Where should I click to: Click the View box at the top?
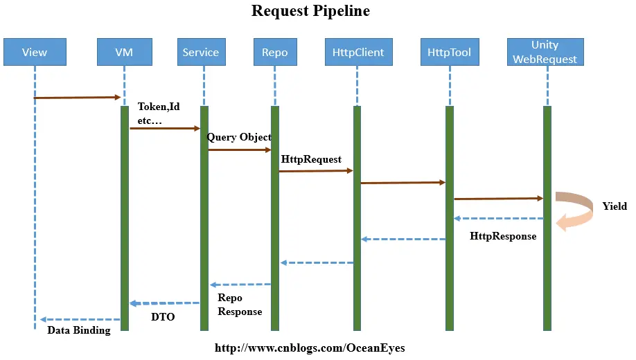click(35, 52)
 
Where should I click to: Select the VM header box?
click(124, 52)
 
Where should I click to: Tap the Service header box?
click(201, 52)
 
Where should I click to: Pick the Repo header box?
click(275, 52)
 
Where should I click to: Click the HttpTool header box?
click(449, 52)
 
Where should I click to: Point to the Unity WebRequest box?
click(545, 52)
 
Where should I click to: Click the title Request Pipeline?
click(310, 11)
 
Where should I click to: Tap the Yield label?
click(615, 206)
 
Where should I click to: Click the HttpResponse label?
click(503, 236)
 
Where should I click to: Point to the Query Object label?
click(239, 137)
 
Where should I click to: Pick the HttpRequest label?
click(311, 159)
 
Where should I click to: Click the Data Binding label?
click(78, 330)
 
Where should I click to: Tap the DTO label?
click(163, 317)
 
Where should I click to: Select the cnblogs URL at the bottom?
click(310, 348)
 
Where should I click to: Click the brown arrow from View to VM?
click(78, 98)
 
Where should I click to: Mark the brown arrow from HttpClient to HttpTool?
click(403, 183)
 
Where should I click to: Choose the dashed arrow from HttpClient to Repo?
click(317, 262)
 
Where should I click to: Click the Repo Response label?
click(240, 305)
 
